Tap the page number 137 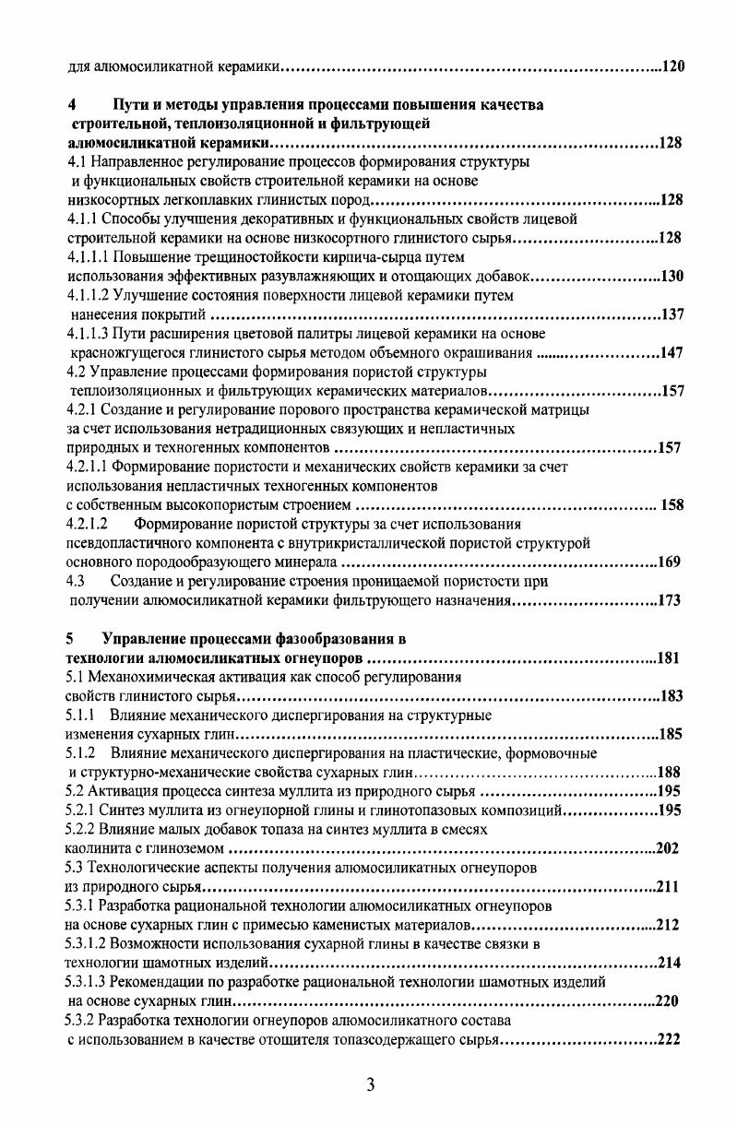tap(672, 314)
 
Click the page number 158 tap(669, 504)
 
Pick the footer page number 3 tap(369, 1085)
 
